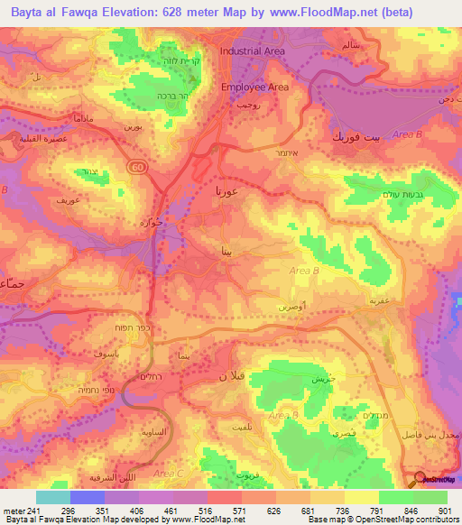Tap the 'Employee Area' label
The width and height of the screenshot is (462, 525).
coord(254,87)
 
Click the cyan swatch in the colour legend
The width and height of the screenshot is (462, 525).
coord(53,497)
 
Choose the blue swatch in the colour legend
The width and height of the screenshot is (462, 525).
coord(88,497)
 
